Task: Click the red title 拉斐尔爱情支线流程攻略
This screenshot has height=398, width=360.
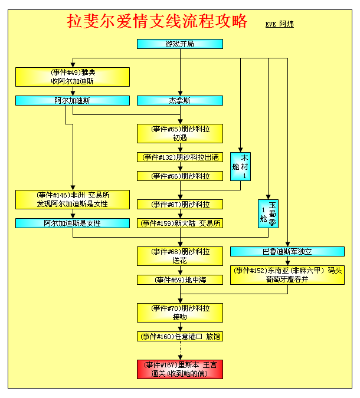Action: click(157, 21)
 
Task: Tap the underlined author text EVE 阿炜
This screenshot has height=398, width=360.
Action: click(280, 24)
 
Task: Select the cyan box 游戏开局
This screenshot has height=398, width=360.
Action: click(180, 44)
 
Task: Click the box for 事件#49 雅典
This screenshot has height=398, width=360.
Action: click(73, 77)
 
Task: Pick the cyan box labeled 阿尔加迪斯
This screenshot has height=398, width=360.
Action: click(73, 100)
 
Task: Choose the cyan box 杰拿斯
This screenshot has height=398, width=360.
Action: click(180, 100)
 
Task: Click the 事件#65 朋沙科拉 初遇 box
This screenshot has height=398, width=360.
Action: click(180, 133)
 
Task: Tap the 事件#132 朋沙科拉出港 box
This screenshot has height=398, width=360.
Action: click(180, 157)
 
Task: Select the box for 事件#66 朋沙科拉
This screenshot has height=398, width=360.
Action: click(180, 176)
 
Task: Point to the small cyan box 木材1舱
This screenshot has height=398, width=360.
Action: click(240, 166)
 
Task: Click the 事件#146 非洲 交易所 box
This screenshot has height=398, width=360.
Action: click(73, 199)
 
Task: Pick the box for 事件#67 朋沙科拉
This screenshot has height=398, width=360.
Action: click(180, 205)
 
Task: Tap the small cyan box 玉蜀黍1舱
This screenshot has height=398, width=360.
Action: click(268, 213)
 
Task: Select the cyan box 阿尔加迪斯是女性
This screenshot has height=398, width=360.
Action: click(73, 223)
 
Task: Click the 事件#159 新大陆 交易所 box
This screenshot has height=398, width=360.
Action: click(180, 223)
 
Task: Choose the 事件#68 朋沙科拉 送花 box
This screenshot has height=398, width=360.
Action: click(180, 256)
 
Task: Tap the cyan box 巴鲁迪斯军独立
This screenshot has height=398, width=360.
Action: click(287, 252)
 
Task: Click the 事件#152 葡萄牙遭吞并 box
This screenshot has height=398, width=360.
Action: click(287, 275)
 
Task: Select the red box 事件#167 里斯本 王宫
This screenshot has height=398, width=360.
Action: click(180, 369)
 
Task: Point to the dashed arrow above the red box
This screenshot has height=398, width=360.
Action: click(180, 350)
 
